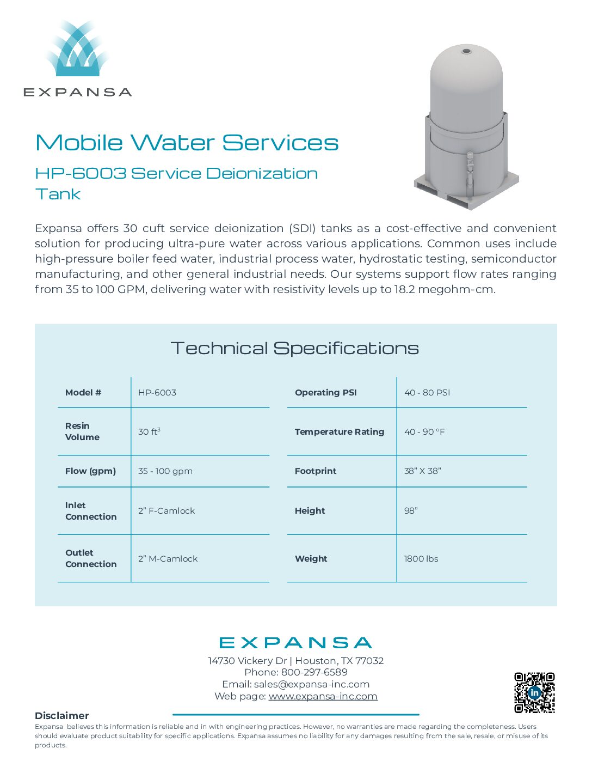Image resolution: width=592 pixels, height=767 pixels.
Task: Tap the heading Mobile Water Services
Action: click(x=187, y=143)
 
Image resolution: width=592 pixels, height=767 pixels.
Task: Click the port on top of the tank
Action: click(x=466, y=52)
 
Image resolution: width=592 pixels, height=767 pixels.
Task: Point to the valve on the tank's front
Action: click(x=470, y=164)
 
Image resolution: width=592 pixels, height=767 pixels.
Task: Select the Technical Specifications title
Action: click(x=295, y=348)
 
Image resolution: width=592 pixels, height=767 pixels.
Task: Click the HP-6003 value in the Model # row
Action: click(x=157, y=393)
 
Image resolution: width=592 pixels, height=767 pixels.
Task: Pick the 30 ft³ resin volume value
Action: click(x=149, y=431)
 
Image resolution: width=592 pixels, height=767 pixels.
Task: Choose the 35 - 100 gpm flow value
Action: click(x=165, y=471)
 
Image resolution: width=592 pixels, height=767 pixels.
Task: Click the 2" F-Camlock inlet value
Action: click(x=166, y=510)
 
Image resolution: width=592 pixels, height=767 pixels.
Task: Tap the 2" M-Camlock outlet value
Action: click(x=168, y=558)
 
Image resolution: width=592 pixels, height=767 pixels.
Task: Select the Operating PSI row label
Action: click(x=326, y=393)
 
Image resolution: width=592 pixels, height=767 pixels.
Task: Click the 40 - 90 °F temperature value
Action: click(x=424, y=431)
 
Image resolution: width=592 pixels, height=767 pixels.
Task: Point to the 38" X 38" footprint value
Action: click(x=422, y=471)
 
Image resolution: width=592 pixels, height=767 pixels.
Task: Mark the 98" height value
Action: click(x=411, y=510)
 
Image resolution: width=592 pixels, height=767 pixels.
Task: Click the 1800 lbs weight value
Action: click(x=421, y=558)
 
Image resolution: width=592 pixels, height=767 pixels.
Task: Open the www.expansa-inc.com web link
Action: click(x=323, y=696)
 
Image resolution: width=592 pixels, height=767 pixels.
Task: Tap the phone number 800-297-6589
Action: click(x=314, y=672)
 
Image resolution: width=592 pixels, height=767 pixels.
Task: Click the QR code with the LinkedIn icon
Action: click(x=534, y=692)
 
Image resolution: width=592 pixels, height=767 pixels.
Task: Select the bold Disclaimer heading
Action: click(x=61, y=715)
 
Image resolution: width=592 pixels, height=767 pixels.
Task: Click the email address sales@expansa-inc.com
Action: click(x=312, y=684)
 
